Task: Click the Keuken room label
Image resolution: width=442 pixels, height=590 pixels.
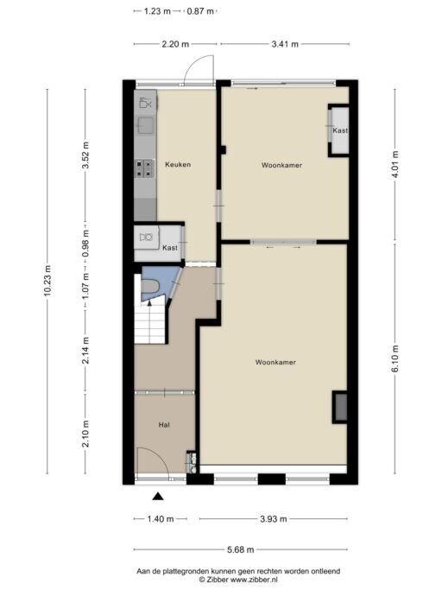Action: (178, 164)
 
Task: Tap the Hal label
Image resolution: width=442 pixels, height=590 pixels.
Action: (164, 425)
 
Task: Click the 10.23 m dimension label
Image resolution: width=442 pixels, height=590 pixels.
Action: (47, 281)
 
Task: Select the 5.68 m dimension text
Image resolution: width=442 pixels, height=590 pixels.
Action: (240, 549)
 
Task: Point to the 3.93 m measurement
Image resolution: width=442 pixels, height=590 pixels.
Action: (274, 519)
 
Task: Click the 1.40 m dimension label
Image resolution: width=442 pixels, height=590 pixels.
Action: (161, 519)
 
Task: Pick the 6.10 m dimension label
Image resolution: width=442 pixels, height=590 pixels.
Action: (395, 358)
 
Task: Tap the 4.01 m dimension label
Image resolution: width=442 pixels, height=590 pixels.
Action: (395, 164)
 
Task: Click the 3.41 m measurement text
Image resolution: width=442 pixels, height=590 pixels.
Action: (285, 44)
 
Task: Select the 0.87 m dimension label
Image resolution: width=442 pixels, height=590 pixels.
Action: (200, 11)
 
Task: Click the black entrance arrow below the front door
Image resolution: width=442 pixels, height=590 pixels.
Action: (158, 497)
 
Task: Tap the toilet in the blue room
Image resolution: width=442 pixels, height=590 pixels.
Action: (151, 286)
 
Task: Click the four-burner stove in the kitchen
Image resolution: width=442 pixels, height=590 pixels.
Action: (144, 168)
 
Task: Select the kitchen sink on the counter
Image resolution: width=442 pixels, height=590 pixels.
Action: (145, 125)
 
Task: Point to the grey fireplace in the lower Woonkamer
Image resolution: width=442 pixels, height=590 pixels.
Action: (341, 407)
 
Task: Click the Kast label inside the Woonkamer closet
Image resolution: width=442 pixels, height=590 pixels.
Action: (340, 130)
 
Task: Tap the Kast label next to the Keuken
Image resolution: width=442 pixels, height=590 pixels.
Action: (170, 248)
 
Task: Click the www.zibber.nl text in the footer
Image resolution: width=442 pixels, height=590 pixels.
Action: (255, 580)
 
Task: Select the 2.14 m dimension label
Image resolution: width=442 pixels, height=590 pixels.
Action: (85, 351)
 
